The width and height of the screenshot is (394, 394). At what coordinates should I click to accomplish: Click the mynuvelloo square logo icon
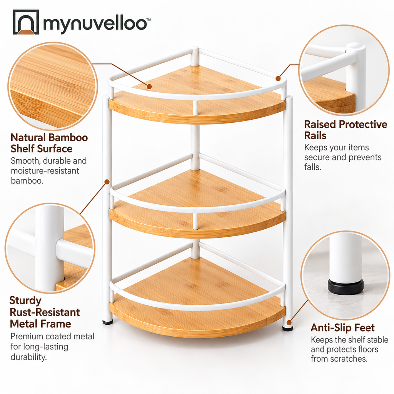(26, 22)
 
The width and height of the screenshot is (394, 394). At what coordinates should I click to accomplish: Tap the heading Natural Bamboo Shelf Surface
(49, 143)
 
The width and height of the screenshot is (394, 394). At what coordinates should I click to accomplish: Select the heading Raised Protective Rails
(346, 130)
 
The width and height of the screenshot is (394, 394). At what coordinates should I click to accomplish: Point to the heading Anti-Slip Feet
(342, 328)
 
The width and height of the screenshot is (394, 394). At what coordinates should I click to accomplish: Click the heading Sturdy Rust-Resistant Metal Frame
(45, 312)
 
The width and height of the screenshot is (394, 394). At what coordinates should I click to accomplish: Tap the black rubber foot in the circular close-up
(346, 287)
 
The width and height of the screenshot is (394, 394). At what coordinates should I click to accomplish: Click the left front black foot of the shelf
(108, 322)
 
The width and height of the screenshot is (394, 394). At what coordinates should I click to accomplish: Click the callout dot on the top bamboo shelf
(149, 87)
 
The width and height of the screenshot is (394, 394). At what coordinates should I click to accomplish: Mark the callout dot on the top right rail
(278, 78)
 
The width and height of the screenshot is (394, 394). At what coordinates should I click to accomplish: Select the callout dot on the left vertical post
(107, 182)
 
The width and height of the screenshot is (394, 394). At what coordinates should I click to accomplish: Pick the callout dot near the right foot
(289, 323)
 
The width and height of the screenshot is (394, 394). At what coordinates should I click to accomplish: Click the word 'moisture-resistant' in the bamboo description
(45, 171)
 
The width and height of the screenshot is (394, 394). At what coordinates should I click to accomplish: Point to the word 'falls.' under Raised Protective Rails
(312, 167)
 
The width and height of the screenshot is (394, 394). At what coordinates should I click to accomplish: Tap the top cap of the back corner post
(195, 49)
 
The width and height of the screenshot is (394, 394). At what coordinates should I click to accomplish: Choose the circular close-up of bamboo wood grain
(53, 86)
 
